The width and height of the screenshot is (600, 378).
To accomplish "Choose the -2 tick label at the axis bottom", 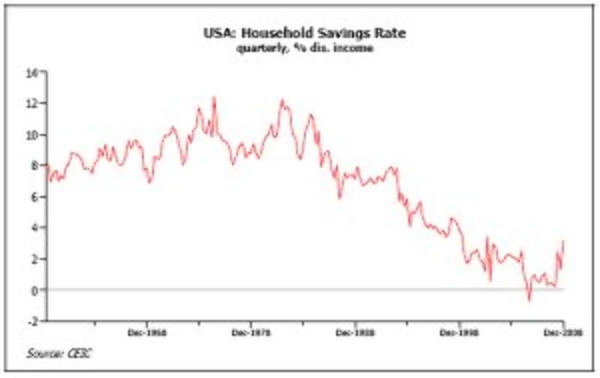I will point(32,320).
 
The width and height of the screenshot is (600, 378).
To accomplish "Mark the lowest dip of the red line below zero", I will point(529,300).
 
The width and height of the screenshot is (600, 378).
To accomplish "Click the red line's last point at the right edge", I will point(562,241).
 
